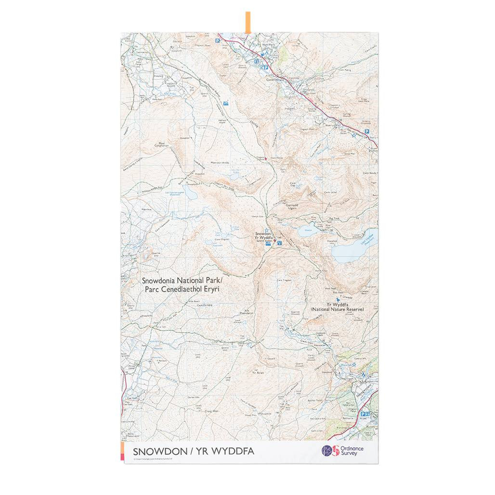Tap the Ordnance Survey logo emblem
(327, 451)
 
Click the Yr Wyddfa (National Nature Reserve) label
(337, 307)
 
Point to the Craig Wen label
(212, 411)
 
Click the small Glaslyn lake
(306, 231)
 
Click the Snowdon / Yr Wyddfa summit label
(264, 236)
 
